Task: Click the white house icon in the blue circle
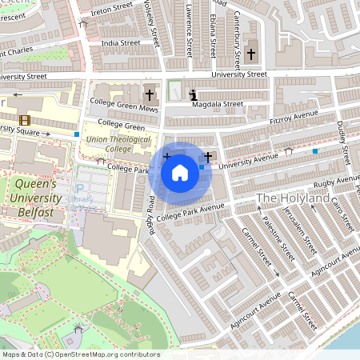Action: pos(180,172)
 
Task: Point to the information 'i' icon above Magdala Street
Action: pos(192,95)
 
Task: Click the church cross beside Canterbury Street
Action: pos(251,54)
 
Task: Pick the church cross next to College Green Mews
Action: pos(149,94)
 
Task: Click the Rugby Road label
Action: pos(150,215)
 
